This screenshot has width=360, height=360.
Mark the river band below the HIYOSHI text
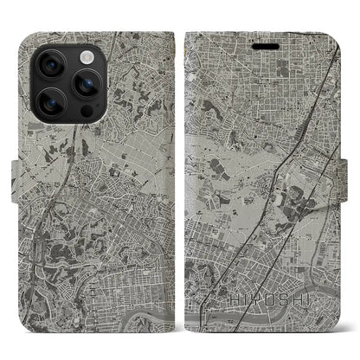260,321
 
